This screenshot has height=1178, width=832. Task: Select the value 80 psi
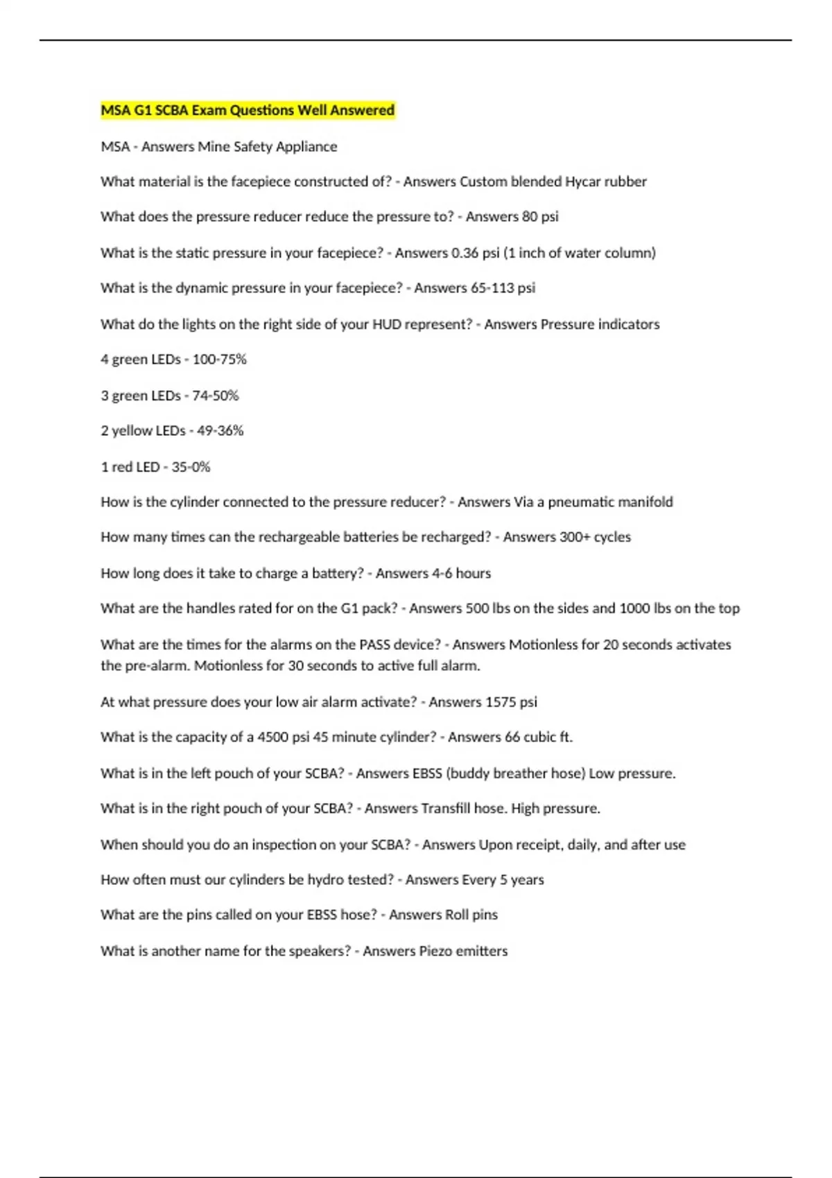click(x=540, y=217)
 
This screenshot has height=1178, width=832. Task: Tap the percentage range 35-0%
click(x=191, y=467)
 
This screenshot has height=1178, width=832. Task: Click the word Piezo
click(x=436, y=951)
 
